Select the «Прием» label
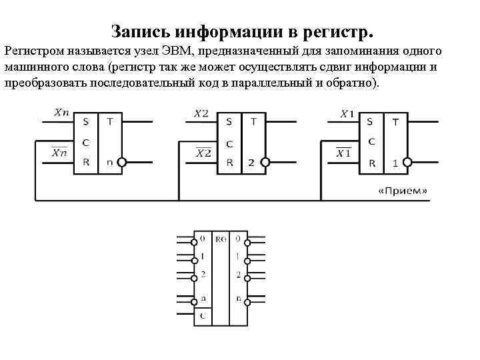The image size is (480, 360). pyautogui.click(x=403, y=191)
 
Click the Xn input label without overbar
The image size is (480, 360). pyautogui.click(x=61, y=113)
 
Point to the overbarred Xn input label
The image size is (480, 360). pyautogui.click(x=59, y=153)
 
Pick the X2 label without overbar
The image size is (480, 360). pyautogui.click(x=201, y=114)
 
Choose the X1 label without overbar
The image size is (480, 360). pyautogui.click(x=347, y=114)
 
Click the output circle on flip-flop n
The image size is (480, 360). pyautogui.click(x=121, y=162)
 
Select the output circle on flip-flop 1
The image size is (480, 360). pyautogui.click(x=409, y=162)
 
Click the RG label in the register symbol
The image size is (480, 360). pyautogui.click(x=221, y=238)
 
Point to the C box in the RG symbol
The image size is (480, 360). pyautogui.click(x=202, y=317)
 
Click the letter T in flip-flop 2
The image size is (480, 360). pyautogui.click(x=253, y=121)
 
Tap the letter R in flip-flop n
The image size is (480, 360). pyautogui.click(x=85, y=162)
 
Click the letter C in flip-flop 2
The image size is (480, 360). pyautogui.click(x=229, y=143)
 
